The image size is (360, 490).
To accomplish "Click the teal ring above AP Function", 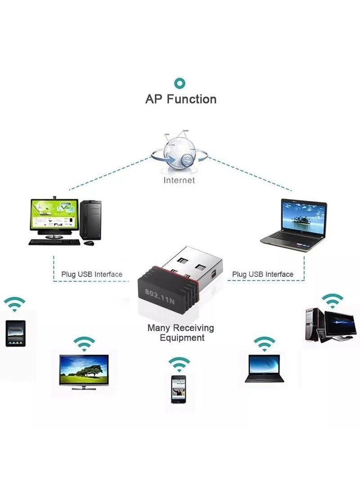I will (x=180, y=83).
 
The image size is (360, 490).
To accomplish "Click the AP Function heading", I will (x=180, y=99).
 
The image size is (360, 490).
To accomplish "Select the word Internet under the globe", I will (x=179, y=180).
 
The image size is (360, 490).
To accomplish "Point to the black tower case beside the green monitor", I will (x=90, y=220).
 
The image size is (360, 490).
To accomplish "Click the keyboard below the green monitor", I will (x=54, y=242).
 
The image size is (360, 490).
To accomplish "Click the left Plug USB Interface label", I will (x=91, y=274).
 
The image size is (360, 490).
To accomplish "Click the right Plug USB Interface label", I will (x=262, y=274).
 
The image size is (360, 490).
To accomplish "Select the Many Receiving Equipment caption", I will (x=181, y=333).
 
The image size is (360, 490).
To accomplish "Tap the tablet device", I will (x=15, y=333).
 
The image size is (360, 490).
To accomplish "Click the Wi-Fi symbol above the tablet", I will (x=15, y=304).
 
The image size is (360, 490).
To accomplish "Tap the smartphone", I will (x=179, y=389).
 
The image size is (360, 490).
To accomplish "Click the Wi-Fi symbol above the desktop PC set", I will (x=333, y=300).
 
